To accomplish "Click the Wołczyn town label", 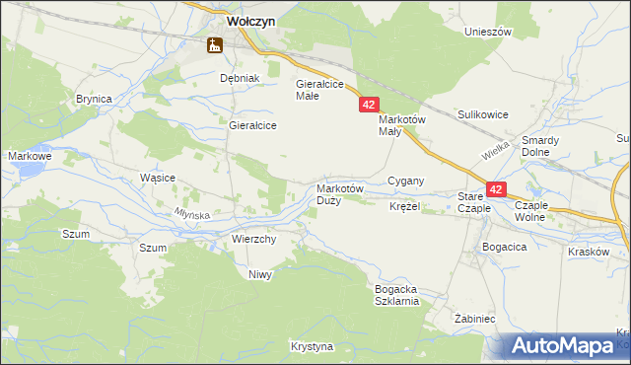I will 237,19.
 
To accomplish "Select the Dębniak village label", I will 239,78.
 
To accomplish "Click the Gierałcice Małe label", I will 319,90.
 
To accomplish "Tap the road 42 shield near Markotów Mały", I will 368,104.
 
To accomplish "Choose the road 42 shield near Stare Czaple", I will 495,188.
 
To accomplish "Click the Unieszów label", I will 488,32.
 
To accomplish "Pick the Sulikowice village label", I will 482,114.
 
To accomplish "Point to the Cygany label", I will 405,181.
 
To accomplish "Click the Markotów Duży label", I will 340,193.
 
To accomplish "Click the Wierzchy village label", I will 253,239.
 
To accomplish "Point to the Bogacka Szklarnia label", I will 397,295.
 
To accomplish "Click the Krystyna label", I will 313,346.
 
